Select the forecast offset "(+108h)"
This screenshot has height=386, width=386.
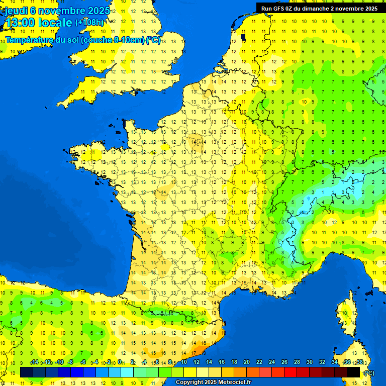pos(89,23)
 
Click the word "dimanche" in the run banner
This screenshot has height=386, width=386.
pos(324,9)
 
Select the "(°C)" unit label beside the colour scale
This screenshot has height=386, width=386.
pos(368,372)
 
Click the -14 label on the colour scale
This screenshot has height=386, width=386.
pos(34,362)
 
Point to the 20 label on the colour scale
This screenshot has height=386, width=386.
pos(247,362)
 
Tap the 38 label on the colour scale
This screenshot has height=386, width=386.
pos(360,362)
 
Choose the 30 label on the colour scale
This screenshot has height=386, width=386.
pos(310,362)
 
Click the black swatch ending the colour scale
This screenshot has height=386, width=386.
pos(354,372)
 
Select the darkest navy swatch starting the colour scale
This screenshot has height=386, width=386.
pos(27,372)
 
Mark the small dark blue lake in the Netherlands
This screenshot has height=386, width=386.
pos(243,37)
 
